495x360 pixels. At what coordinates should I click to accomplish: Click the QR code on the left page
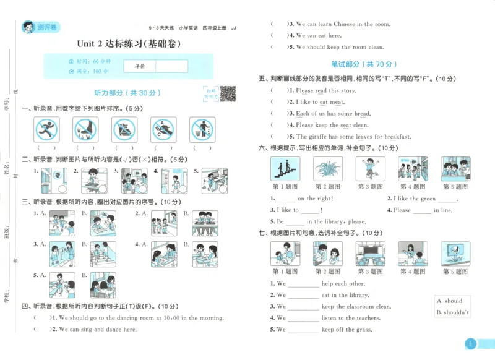[x=228, y=93]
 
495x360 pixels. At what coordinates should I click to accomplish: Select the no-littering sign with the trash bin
[x=201, y=130]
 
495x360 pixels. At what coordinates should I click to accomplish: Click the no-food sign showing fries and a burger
[x=124, y=130]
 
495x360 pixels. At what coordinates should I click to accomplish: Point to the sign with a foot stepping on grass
[x=85, y=130]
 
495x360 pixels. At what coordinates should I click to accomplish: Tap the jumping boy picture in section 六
[x=370, y=168]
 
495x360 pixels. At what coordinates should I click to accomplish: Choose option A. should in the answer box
[x=450, y=301]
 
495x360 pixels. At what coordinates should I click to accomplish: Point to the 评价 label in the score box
[x=139, y=66]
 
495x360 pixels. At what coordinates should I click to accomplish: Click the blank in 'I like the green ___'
[x=445, y=199]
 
